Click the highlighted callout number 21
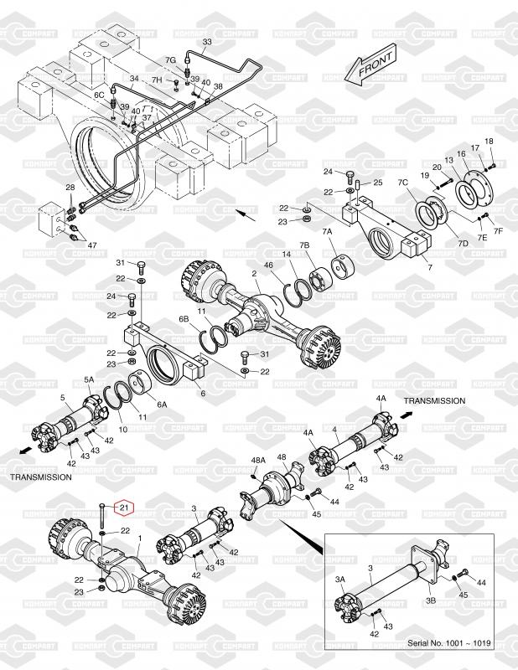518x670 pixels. (123, 508)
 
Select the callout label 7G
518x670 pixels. (169, 60)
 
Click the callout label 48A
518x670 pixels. (259, 460)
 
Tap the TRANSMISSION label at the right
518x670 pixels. (434, 400)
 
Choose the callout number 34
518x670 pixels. (132, 80)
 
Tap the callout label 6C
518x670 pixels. (99, 95)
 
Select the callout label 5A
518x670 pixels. (89, 379)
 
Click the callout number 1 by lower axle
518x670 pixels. (138, 538)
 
